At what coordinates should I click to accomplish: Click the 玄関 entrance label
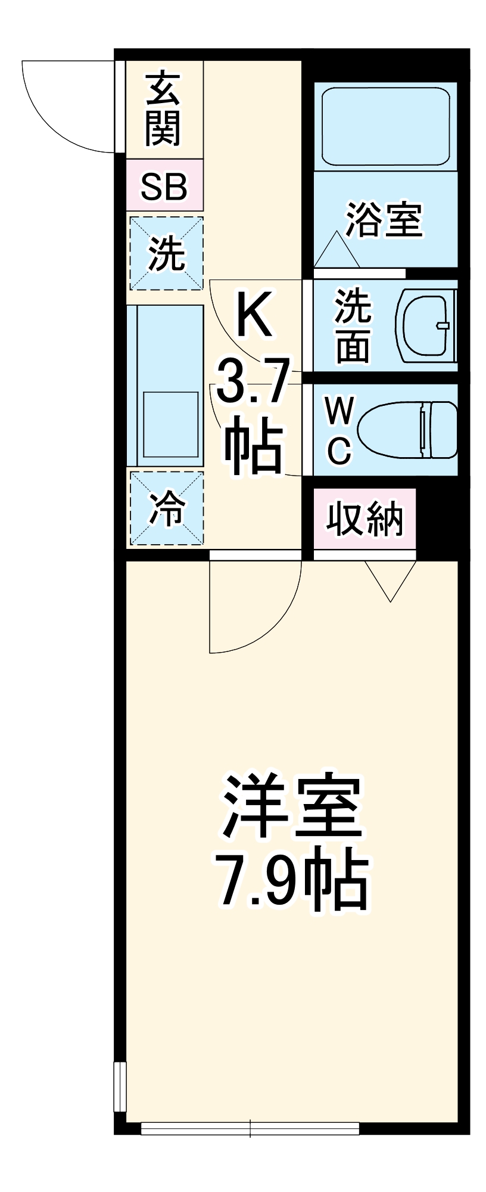pyautogui.click(x=163, y=110)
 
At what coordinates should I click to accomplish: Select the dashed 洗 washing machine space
pyautogui.click(x=166, y=254)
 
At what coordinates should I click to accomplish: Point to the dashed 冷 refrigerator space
pyautogui.click(x=166, y=508)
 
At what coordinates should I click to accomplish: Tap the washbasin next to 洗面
pyautogui.click(x=426, y=326)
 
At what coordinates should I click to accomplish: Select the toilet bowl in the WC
pyautogui.click(x=408, y=430)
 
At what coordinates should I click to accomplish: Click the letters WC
pyautogui.click(x=339, y=430)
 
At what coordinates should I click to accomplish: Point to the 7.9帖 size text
pyautogui.click(x=292, y=880)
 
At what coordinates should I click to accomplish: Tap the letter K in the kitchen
pyautogui.click(x=254, y=314)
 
